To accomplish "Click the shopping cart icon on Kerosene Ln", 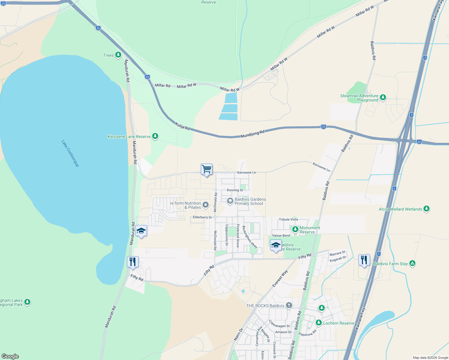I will [x=206, y=169].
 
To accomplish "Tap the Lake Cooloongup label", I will [x=70, y=153].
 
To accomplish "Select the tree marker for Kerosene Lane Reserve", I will [x=155, y=136].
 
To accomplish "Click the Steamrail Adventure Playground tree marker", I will [x=383, y=97].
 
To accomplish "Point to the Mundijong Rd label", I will [x=252, y=134].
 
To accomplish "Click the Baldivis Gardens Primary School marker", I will [x=230, y=201].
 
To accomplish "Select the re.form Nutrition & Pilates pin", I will [x=206, y=205].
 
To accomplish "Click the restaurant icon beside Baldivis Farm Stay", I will [x=364, y=260].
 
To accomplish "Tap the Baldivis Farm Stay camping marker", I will [x=412, y=263].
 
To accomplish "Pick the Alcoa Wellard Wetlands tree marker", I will [x=426, y=209].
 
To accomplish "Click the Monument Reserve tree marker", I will [x=295, y=229].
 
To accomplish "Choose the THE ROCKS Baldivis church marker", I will [x=289, y=306].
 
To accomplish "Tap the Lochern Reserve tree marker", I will [x=319, y=323].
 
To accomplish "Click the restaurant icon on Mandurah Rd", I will [x=132, y=262].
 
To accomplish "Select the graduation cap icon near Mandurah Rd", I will [x=141, y=231].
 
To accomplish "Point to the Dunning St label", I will [x=235, y=190].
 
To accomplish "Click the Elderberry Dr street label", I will [x=202, y=217].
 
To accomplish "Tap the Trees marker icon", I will [x=118, y=55].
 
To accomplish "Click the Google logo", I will [x=10, y=356].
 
